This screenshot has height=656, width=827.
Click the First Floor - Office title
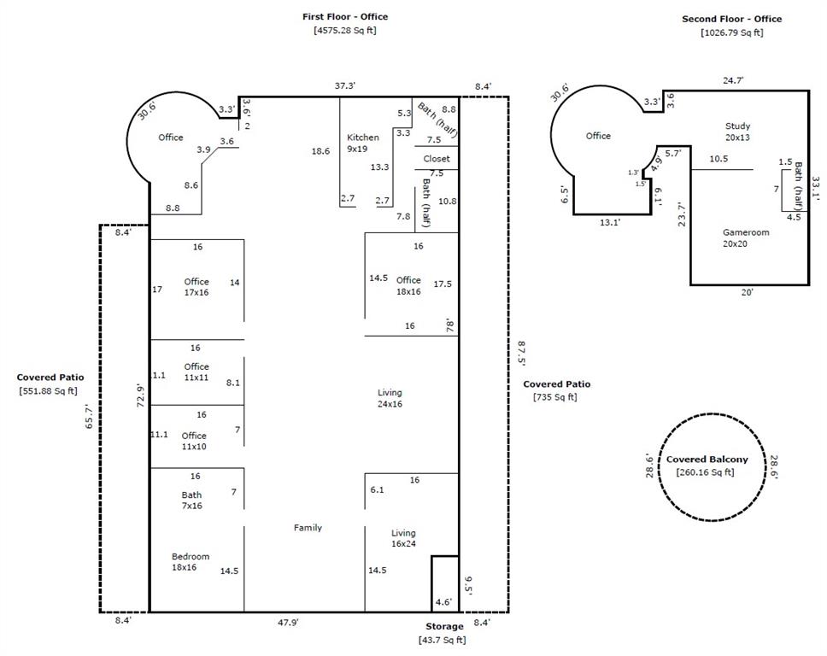tap(345, 17)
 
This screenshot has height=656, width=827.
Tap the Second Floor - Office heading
tap(731, 19)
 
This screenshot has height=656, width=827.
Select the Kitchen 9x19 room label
tap(363, 143)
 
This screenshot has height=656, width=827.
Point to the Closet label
tap(437, 159)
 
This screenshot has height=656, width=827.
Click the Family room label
tap(308, 527)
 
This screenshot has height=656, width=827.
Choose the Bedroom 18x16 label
tap(191, 561)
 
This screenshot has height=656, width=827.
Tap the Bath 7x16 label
tap(192, 500)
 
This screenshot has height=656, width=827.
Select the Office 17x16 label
tap(196, 287)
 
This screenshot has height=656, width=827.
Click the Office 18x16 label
tap(408, 285)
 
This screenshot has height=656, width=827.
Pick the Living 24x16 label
tap(390, 398)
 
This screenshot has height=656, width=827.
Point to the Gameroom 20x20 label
tap(746, 237)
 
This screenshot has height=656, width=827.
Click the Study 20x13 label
tap(737, 132)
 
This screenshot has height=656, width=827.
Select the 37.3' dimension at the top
tap(345, 86)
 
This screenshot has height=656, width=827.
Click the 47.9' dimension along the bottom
tap(288, 623)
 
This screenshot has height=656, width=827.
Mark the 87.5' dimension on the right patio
tap(521, 354)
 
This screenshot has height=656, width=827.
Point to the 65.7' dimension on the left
tap(89, 416)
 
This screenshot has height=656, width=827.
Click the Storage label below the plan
tap(444, 626)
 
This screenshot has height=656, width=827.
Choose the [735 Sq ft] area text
tap(554, 397)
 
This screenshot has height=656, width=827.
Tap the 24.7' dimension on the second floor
tap(733, 80)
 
